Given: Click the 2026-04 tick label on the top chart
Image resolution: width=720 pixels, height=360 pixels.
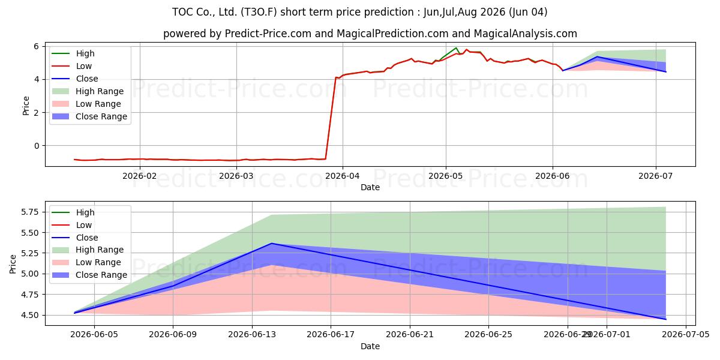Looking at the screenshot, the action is [x=343, y=176].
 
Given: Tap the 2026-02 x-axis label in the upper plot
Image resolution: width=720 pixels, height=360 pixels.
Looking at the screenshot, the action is [x=139, y=176].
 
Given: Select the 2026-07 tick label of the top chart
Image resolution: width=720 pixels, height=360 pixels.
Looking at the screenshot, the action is [x=655, y=176].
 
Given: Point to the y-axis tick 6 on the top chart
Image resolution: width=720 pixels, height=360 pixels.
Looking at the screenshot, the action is [x=37, y=46].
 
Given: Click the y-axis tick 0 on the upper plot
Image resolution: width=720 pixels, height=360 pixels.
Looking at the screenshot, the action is [x=37, y=146].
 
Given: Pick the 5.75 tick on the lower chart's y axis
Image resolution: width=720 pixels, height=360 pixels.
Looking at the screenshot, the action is [x=30, y=212].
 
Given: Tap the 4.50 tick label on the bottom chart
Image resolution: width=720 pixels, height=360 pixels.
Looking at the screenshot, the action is [x=30, y=316].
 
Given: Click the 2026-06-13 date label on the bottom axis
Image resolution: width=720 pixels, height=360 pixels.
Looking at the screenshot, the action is [x=252, y=335].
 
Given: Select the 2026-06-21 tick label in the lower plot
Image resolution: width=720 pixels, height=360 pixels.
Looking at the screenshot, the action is [x=410, y=335].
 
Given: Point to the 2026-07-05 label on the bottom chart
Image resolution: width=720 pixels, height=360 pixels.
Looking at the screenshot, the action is [x=686, y=335].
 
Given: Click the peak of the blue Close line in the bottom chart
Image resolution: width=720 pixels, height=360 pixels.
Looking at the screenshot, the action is [x=272, y=244].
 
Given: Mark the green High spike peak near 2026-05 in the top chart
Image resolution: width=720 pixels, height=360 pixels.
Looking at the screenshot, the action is [x=456, y=48].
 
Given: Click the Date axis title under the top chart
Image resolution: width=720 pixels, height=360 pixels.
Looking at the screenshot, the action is [x=370, y=187].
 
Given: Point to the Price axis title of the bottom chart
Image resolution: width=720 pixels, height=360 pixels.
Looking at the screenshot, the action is [x=13, y=264].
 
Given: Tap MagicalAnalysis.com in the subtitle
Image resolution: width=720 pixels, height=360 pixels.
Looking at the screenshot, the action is [x=525, y=34].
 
